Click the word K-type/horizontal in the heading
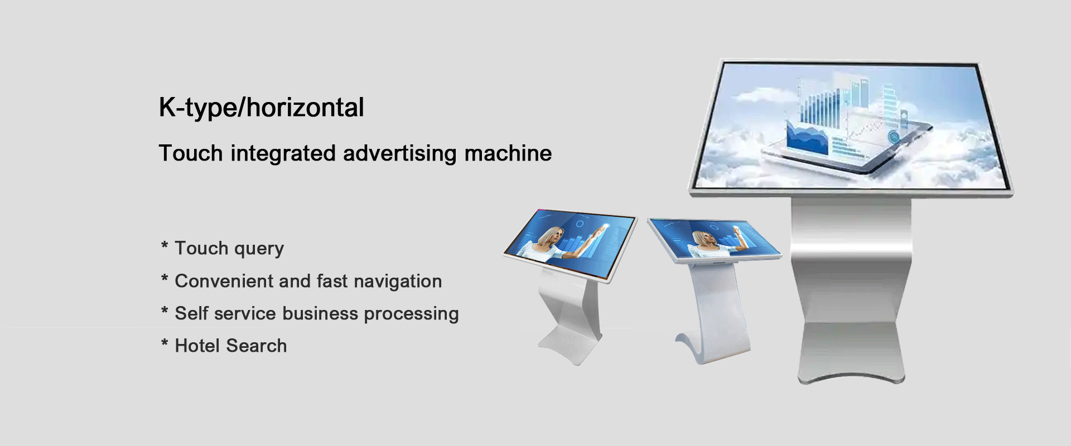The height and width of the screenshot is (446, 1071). [x=261, y=108]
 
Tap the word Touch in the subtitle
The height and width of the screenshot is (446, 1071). [x=191, y=153]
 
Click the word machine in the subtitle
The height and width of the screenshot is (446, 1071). [x=508, y=153]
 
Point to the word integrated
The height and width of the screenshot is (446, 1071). [x=283, y=154]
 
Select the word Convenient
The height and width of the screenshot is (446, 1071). [x=224, y=281]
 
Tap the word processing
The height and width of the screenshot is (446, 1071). [x=411, y=314]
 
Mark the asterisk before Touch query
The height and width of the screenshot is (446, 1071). [x=165, y=245]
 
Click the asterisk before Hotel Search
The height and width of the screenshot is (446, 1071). [x=165, y=342]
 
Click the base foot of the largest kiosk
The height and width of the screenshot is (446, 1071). [x=851, y=353]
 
